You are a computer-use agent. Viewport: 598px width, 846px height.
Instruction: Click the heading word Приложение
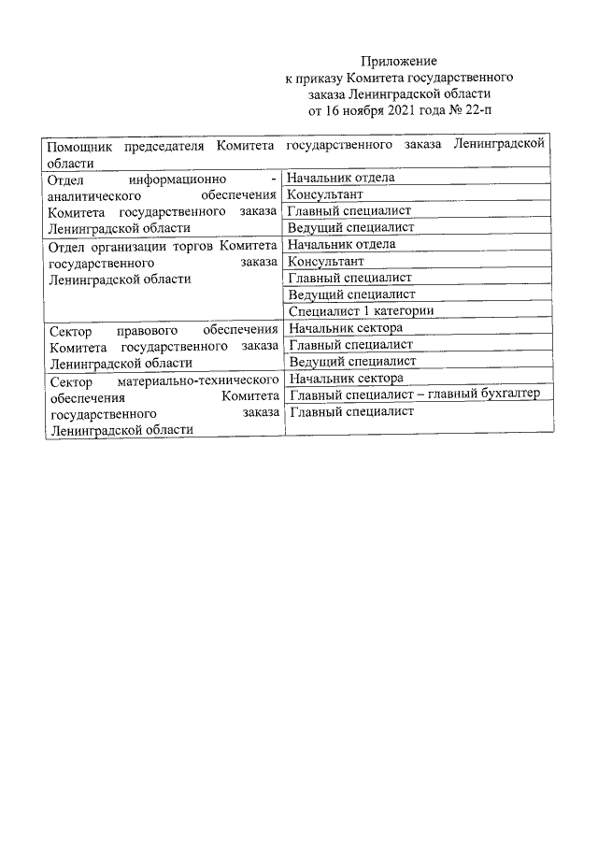pos(399,61)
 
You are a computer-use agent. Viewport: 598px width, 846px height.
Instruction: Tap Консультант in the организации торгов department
pos(325,261)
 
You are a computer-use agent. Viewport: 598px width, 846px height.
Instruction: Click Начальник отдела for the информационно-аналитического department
pos(340,178)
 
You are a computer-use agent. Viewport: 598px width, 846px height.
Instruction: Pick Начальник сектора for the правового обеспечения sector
pos(346,328)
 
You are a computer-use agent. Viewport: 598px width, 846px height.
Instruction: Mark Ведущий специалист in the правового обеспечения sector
pos(350,361)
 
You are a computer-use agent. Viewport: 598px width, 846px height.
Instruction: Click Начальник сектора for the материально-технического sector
pos(346,379)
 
